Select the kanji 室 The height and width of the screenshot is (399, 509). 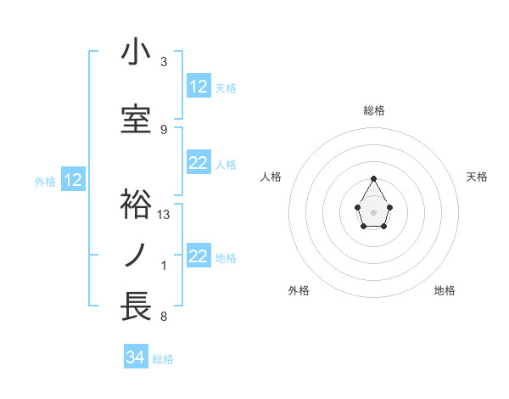pos(136,119)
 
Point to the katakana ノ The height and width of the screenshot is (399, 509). pos(136,255)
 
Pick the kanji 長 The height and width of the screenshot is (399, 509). pos(136,306)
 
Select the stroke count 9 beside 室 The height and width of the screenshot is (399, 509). pos(164,129)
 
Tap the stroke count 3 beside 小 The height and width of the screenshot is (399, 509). pos(164,62)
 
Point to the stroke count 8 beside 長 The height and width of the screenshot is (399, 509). pos(164,317)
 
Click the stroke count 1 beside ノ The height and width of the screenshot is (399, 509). pos(164,266)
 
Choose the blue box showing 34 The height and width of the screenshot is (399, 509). pos(136,357)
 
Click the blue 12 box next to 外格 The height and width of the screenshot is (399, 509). pos(72,180)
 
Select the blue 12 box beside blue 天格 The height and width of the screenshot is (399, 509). pos(198,87)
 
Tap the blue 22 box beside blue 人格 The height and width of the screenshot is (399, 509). pos(198,163)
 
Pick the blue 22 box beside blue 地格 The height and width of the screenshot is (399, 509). pos(198,256)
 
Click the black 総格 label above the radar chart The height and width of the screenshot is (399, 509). pos(374,110)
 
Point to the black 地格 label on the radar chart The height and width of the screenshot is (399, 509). pos(445,290)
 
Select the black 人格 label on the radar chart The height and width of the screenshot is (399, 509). pos(271,177)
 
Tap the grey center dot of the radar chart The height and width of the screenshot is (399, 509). pos(373,211)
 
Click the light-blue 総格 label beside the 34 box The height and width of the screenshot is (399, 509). pos(163,359)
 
